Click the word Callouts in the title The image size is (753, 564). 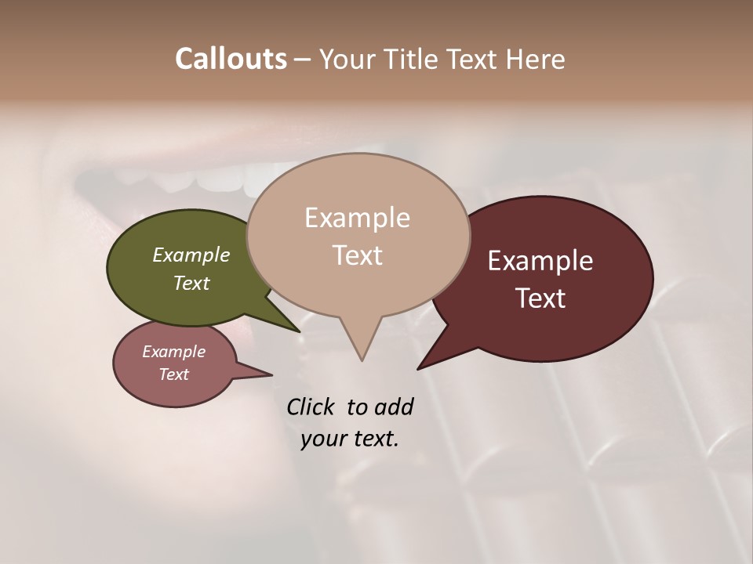[231, 59]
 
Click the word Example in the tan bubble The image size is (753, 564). [357, 218]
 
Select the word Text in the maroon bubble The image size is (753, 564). [540, 298]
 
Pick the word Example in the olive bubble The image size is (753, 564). [191, 255]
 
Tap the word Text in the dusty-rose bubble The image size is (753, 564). [173, 374]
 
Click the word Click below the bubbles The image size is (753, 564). [311, 407]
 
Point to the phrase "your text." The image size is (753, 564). [350, 439]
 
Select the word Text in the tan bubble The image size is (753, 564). [358, 255]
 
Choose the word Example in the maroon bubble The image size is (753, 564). [540, 261]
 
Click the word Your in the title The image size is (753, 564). [347, 59]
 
